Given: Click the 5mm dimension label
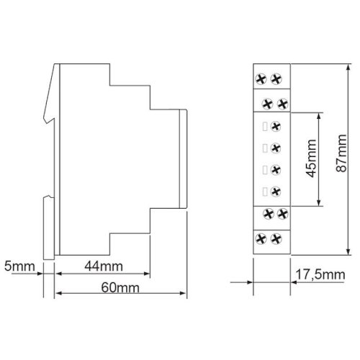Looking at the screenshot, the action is (19, 266).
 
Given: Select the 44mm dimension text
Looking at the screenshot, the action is (104, 266).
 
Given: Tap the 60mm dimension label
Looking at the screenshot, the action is (120, 287).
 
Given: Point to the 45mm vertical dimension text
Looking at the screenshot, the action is (312, 158).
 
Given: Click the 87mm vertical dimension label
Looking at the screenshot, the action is (341, 153).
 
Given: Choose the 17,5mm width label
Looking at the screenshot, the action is (320, 274).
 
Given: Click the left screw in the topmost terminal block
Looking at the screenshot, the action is (261, 79).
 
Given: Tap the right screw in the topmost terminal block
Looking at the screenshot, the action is (276, 79).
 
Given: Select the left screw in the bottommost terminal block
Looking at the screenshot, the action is (261, 239).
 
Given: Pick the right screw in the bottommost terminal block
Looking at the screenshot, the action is (276, 239).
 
